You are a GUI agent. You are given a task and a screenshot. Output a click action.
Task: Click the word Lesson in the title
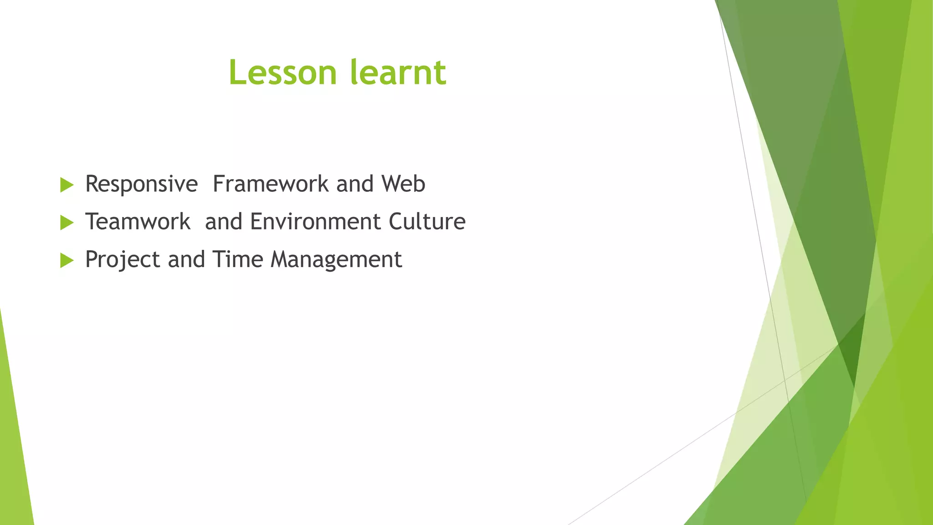tap(282, 73)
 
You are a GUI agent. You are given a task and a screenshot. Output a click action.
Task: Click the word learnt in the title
tap(398, 73)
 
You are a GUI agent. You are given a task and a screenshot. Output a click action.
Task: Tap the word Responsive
tap(141, 184)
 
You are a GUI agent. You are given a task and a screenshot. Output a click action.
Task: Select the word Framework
tap(271, 184)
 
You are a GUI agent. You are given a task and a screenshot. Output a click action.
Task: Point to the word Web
tap(403, 184)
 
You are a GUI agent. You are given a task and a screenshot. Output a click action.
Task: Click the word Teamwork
tap(138, 222)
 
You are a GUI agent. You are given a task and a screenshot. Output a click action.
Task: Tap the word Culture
tap(427, 222)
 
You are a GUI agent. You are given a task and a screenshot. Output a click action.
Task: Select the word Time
tap(238, 260)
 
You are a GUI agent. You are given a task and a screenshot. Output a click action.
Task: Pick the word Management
tap(336, 260)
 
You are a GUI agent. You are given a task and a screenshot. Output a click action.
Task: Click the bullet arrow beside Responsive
tap(67, 185)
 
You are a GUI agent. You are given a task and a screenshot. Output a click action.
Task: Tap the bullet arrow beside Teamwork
tap(67, 223)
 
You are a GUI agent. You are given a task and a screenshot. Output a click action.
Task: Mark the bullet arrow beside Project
tap(67, 261)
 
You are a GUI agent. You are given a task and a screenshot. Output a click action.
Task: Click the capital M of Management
tap(282, 260)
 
